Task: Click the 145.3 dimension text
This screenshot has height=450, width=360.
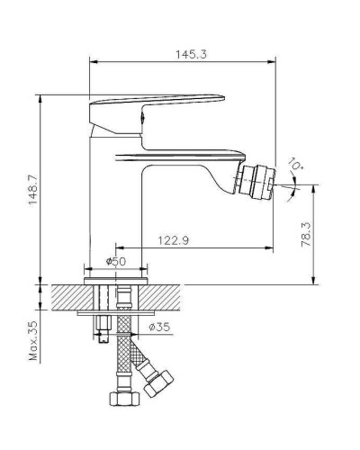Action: (190, 54)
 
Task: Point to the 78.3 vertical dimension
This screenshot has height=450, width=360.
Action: (307, 236)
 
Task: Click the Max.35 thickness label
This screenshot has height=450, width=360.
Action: (33, 342)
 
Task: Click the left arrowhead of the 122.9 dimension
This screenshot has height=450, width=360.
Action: (117, 247)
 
